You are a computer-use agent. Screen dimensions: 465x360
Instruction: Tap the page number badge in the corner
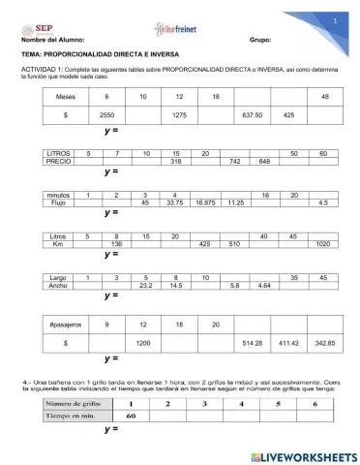pyautogui.click(x=334, y=19)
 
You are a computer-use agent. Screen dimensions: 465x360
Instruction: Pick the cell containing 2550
pyautogui.click(x=106, y=115)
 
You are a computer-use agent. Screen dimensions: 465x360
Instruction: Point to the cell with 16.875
pyautogui.click(x=205, y=203)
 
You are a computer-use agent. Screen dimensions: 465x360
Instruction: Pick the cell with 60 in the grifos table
pyautogui.click(x=131, y=416)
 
